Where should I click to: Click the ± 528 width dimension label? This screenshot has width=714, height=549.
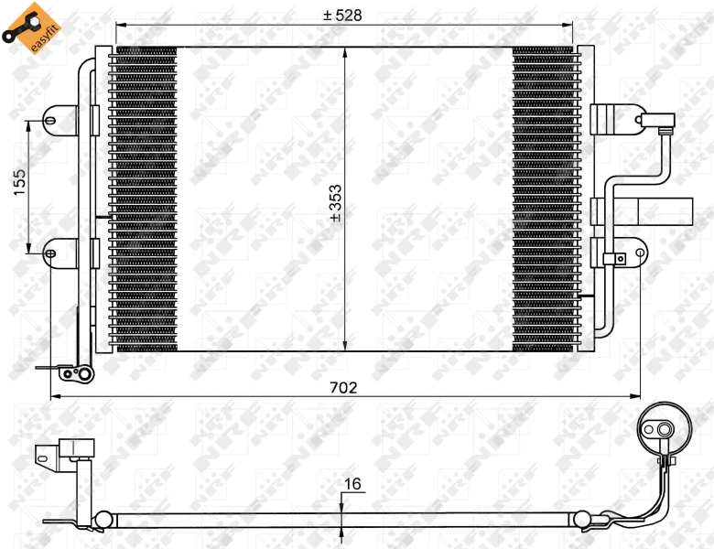[344, 15]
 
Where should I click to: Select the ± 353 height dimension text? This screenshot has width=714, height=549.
[335, 201]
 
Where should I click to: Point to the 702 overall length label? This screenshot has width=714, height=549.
[344, 387]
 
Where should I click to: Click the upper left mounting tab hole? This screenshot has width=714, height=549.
[53, 117]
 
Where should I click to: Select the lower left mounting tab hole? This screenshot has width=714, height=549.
[52, 253]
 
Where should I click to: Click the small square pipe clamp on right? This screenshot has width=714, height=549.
[620, 259]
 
